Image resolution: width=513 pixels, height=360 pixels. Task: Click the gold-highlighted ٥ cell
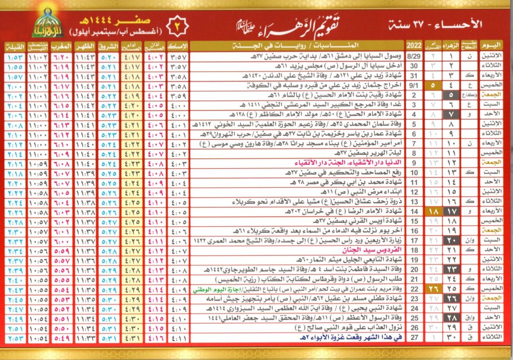432,86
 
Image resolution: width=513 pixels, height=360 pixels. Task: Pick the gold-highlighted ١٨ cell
432,212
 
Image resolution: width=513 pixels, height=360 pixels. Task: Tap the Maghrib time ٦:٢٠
61,57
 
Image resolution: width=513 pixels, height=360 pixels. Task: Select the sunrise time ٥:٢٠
108,57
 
